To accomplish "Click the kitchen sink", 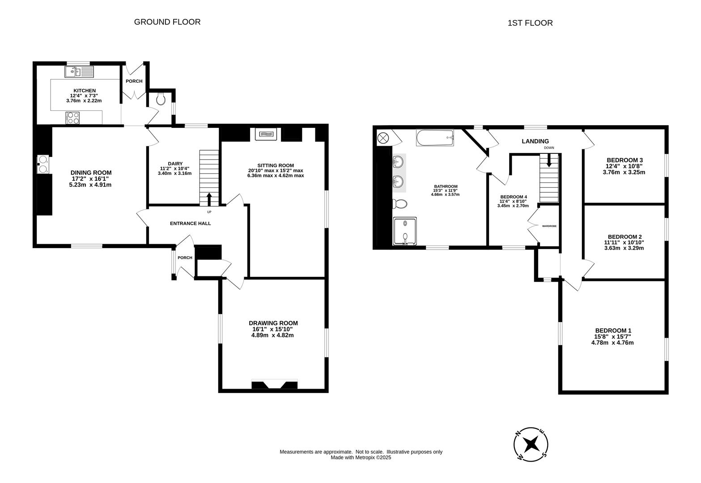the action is coord(79,72).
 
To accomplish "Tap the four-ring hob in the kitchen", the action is coord(72,118).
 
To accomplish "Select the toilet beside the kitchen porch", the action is coord(161,99).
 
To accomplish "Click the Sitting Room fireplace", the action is coord(266,134).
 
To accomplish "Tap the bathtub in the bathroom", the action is coord(435,138).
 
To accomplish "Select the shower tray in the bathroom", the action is coord(405,231).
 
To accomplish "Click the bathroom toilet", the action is coord(399,204).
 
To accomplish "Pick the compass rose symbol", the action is coord(531,444).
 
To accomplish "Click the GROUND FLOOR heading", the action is coord(167,22).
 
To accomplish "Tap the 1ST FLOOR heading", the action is coord(530,23).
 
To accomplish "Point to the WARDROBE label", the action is coord(549,226).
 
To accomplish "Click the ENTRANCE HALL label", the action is coord(190,223).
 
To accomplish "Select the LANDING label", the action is coord(535,141).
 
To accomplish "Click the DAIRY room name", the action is coord(175,164).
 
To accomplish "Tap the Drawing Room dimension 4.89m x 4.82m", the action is coord(272,335).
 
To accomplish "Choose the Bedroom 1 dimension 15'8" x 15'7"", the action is coord(612,336).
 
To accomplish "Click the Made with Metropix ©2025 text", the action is coord(361,458).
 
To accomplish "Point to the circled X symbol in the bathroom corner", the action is coord(383,138).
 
